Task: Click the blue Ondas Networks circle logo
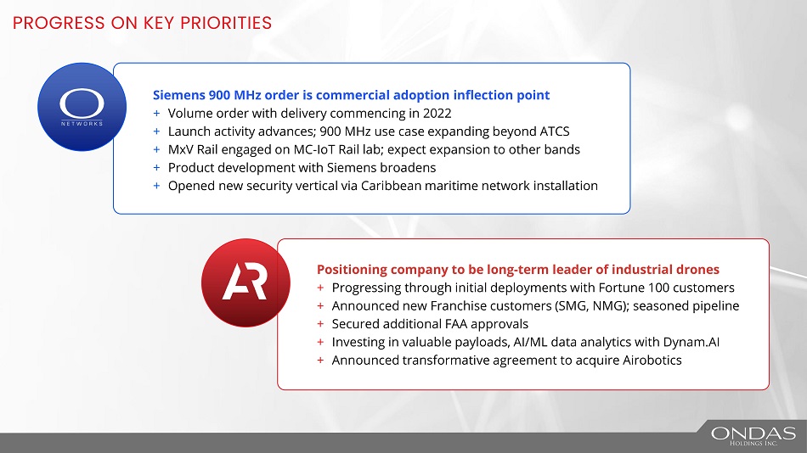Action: [x=82, y=107]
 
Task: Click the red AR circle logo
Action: [x=245, y=282]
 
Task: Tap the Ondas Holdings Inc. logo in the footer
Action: [x=753, y=435]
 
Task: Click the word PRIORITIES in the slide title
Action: [x=226, y=23]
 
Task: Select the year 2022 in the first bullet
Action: [x=437, y=113]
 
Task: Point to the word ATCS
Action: [x=555, y=131]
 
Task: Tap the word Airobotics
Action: [x=652, y=360]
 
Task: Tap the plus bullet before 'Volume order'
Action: [x=156, y=113]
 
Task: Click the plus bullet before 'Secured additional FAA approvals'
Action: [x=320, y=324]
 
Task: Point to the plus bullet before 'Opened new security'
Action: [x=156, y=186]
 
